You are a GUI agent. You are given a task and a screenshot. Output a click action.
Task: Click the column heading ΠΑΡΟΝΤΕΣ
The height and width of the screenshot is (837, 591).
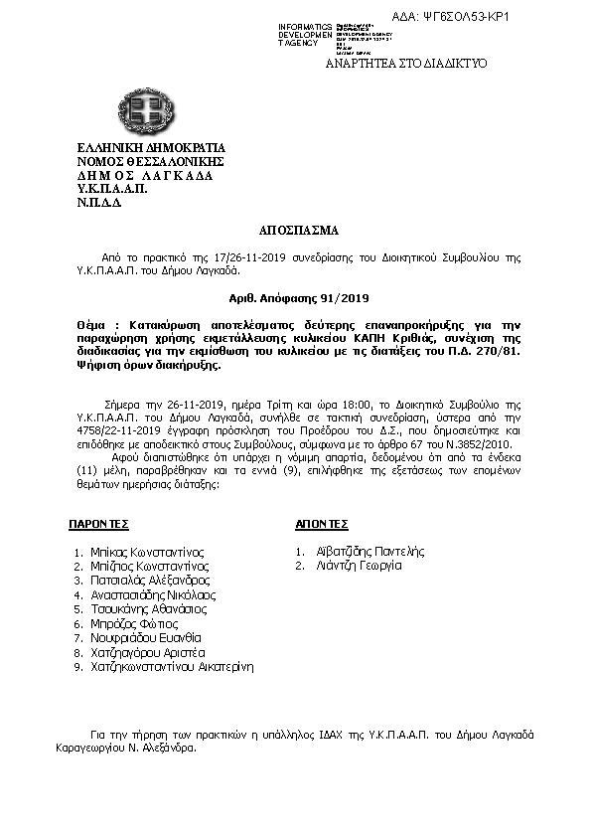tap(99, 523)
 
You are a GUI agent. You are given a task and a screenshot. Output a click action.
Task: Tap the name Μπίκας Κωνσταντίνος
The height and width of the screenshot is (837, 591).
tap(145, 550)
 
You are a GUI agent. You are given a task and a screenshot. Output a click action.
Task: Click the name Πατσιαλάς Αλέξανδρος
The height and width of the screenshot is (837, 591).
tap(149, 579)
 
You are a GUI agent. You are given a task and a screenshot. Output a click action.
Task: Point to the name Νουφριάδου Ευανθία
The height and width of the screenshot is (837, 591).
tap(145, 637)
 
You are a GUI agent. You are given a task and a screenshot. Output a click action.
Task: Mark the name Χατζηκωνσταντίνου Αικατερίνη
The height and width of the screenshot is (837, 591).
tap(171, 667)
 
